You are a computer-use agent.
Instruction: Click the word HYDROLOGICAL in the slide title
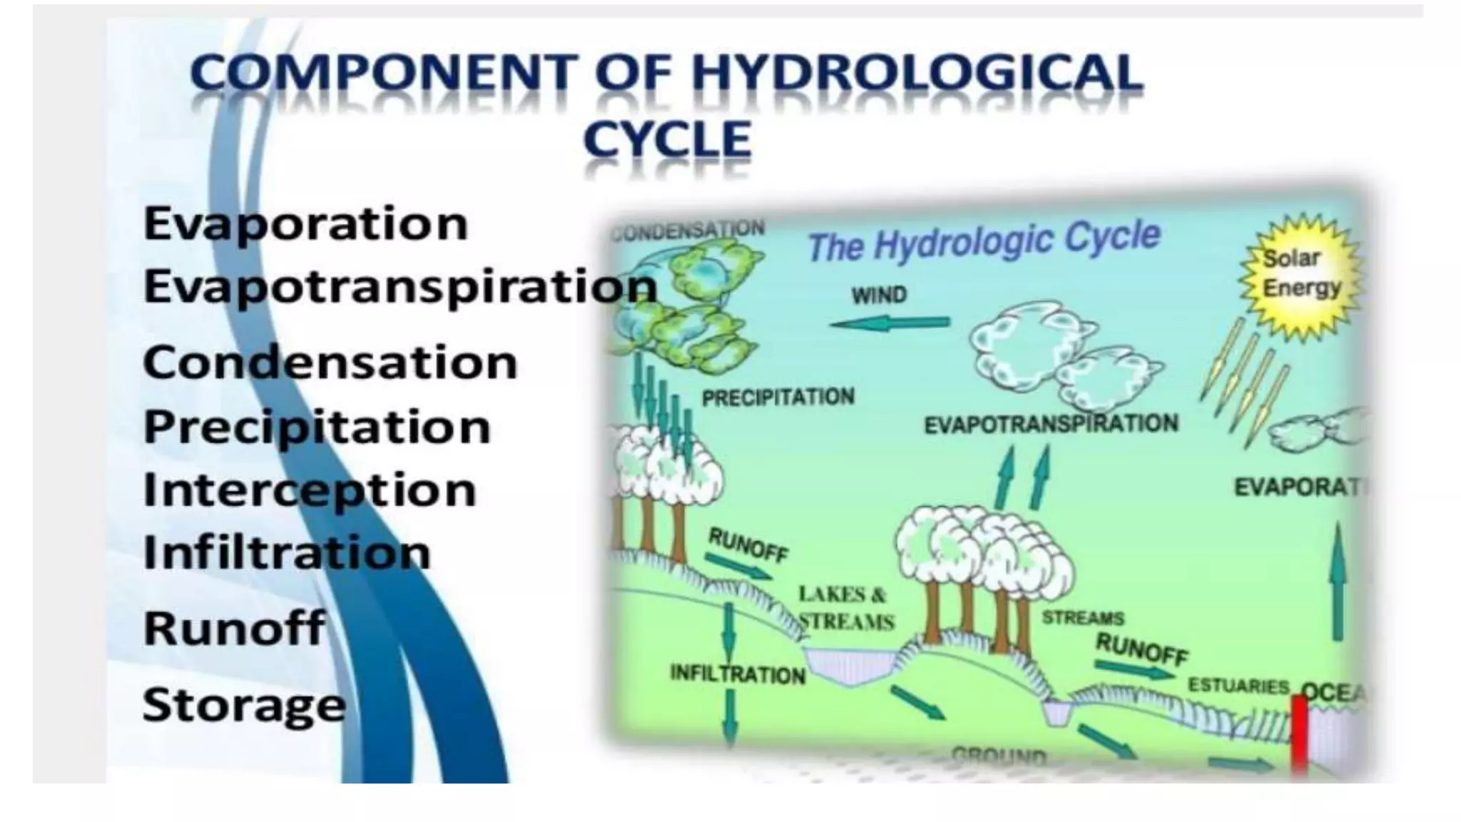pos(918,73)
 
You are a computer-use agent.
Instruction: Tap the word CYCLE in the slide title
pos(667,139)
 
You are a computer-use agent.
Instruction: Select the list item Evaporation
pos(305,223)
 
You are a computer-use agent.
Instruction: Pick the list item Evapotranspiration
pos(399,287)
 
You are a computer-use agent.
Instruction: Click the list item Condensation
pos(330,362)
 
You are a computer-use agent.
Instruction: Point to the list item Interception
pos(310,490)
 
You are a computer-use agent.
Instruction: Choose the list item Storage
pos(244,705)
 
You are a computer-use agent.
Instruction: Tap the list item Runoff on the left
pos(234,628)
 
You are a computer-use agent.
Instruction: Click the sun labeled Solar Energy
pos(1301,275)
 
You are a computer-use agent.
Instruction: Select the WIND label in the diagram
pos(879,295)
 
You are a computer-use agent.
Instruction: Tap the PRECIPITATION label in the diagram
pos(778,397)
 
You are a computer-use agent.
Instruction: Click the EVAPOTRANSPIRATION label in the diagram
pos(1051,425)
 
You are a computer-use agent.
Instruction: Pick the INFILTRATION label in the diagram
pos(738,674)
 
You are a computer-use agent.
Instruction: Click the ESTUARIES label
pos(1238,686)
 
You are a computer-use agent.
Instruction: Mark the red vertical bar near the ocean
pos(1299,735)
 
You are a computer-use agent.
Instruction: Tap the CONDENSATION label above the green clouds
pos(688,230)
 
